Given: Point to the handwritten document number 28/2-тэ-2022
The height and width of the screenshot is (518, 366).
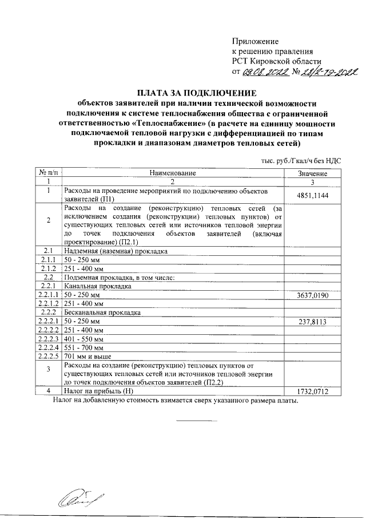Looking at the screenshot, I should [x=327, y=73].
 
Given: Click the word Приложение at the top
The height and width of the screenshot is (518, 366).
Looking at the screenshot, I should [x=255, y=41].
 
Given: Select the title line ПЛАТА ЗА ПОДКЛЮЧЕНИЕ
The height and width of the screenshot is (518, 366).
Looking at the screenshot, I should [x=197, y=93].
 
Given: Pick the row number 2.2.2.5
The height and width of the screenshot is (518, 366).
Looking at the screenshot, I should [x=49, y=355].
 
